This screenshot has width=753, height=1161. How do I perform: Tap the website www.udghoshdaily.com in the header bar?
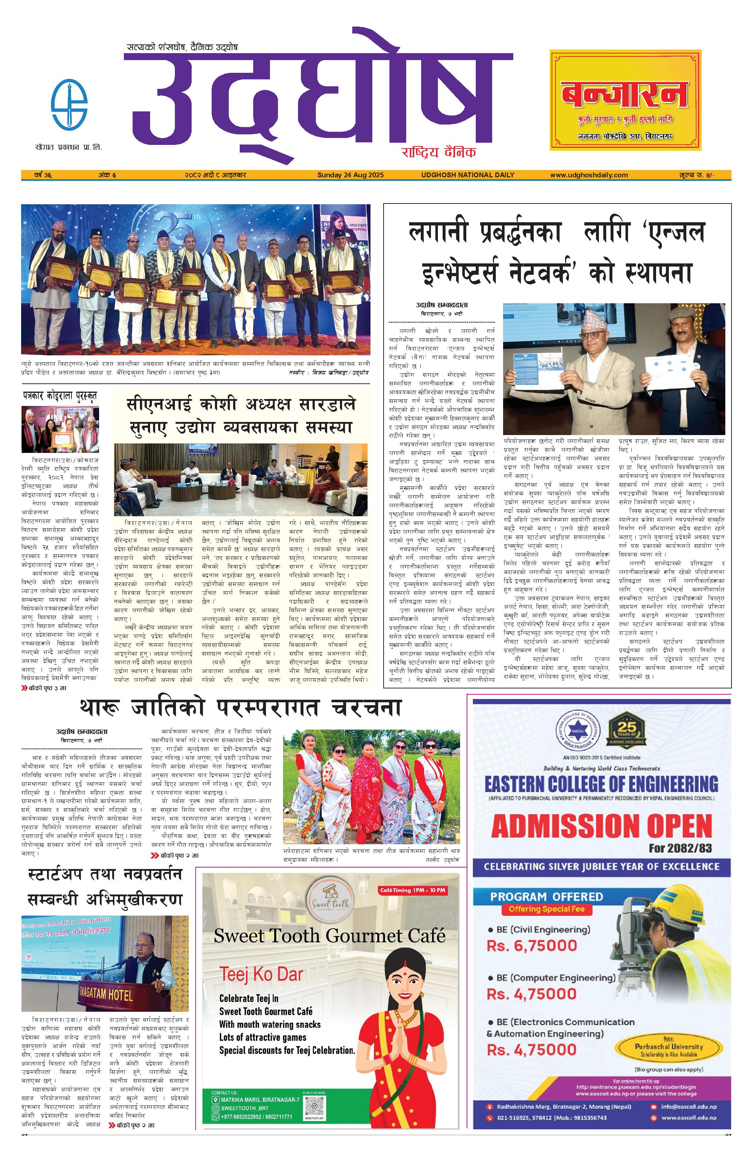coord(589,175)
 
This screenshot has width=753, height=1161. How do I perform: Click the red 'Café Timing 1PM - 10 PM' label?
coord(412,890)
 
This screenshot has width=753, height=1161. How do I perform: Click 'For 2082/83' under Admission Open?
coord(680,848)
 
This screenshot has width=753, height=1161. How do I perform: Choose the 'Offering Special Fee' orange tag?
coord(546,909)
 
